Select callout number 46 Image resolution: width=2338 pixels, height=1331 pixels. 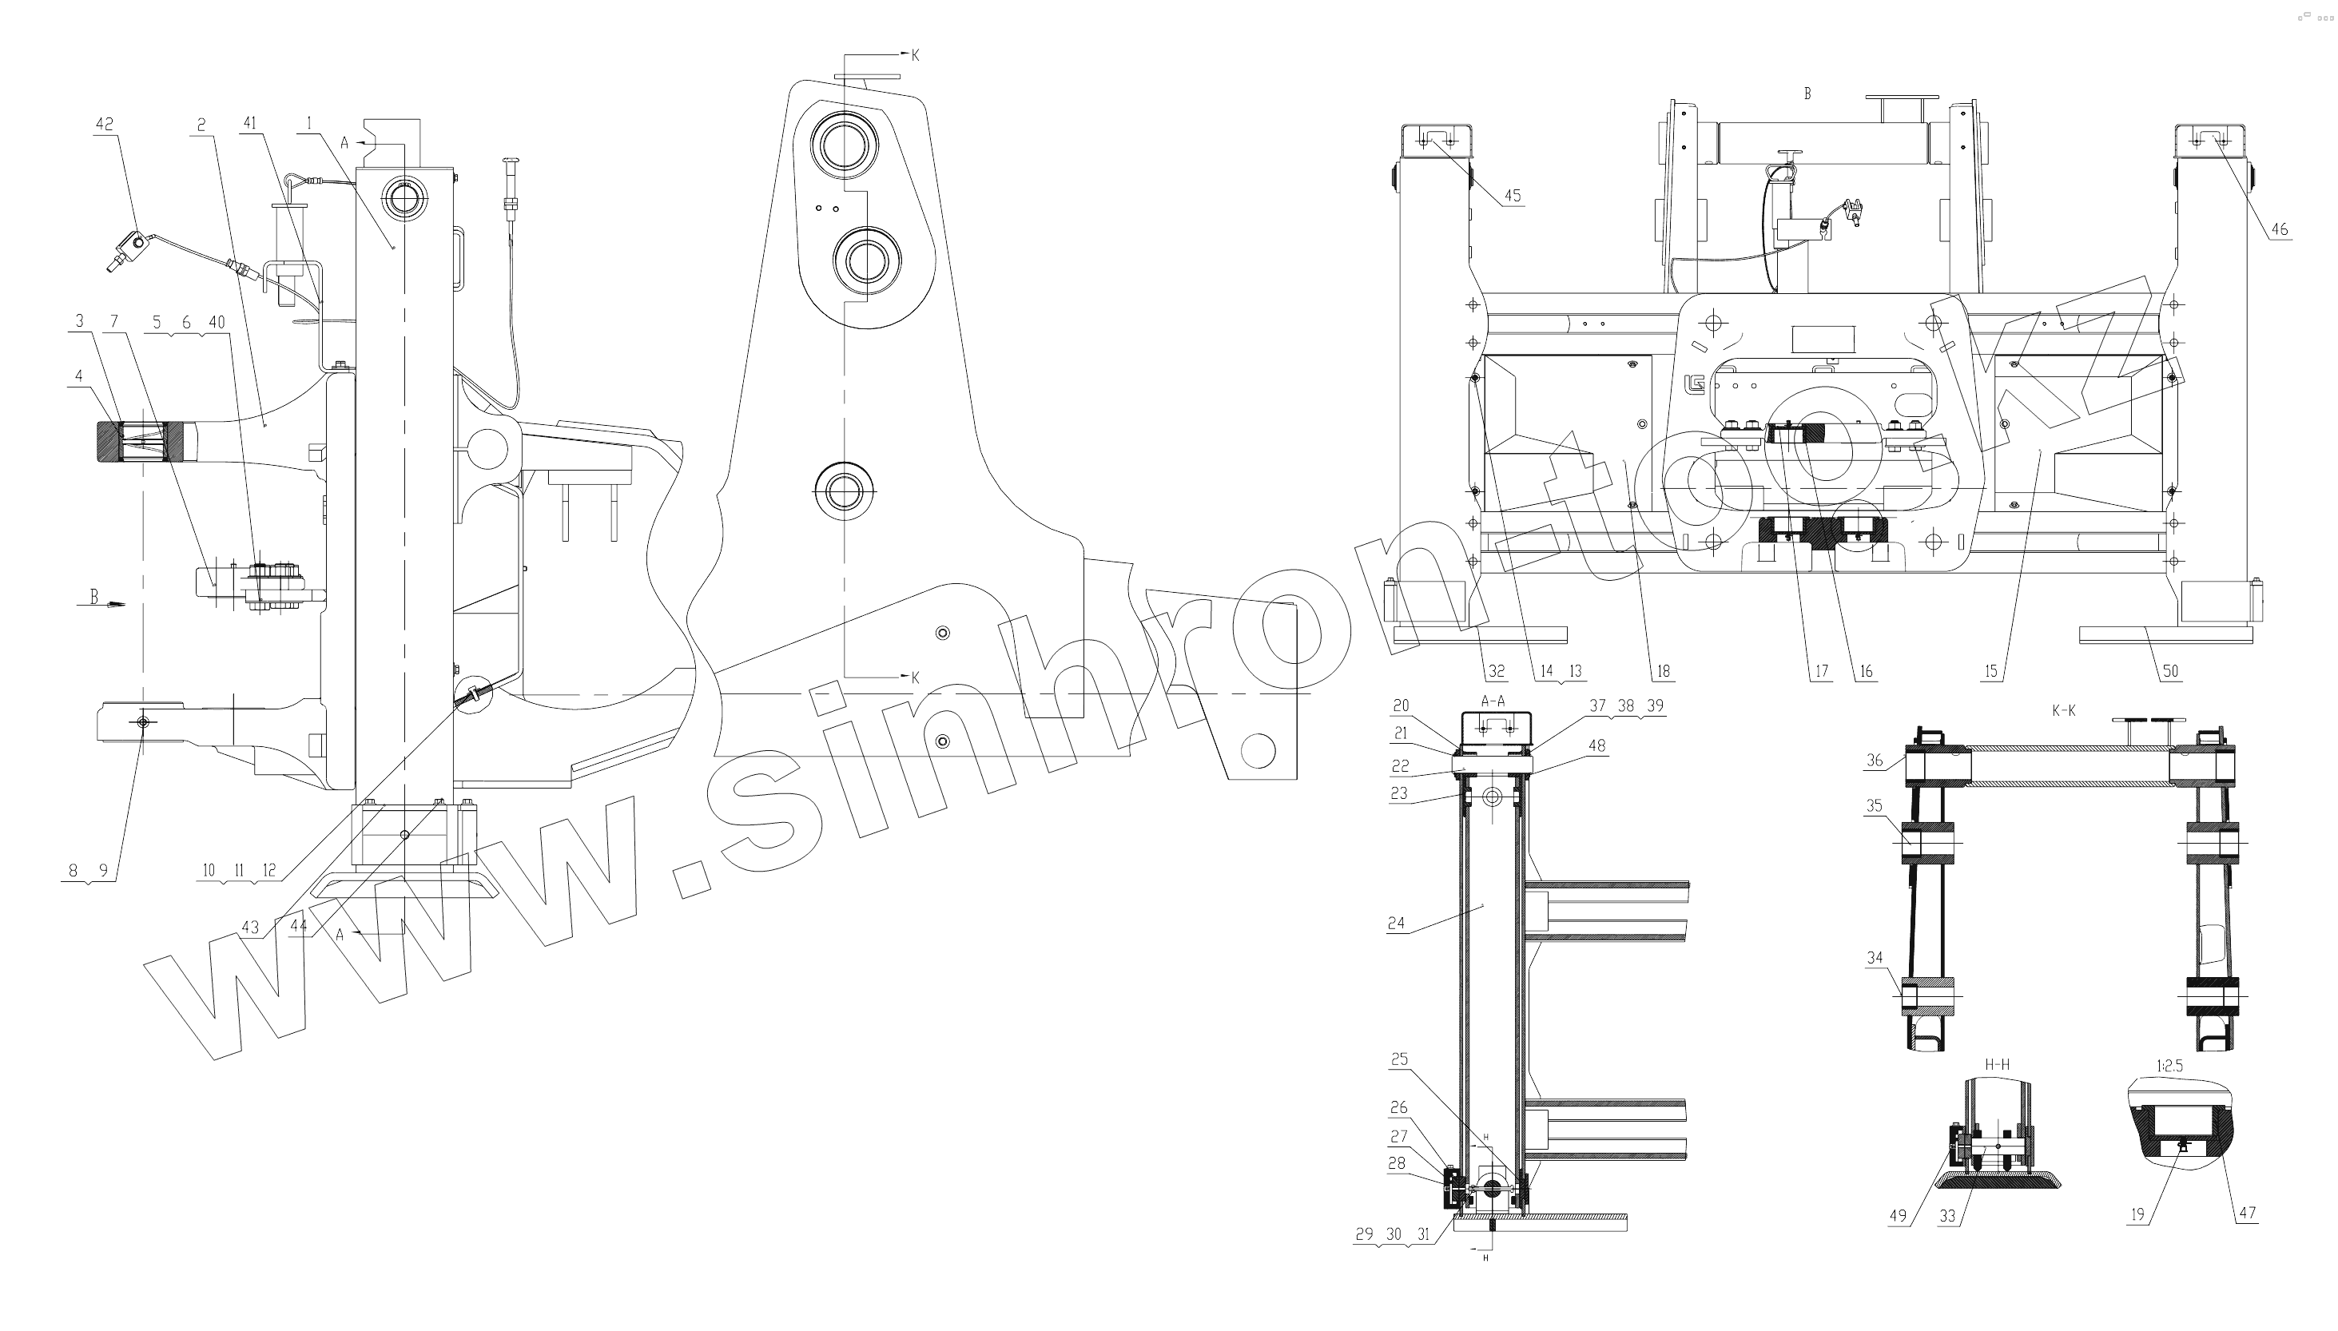tap(2279, 228)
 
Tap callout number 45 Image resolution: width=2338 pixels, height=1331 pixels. tap(1512, 195)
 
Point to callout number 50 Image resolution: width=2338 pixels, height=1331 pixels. tap(2170, 671)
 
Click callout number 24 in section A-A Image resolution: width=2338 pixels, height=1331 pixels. tap(1396, 924)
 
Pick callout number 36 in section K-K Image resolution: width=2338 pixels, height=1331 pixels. tap(1875, 760)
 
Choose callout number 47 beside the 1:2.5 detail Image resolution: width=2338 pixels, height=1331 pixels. tap(2247, 1213)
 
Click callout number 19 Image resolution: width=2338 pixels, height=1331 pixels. tap(2137, 1215)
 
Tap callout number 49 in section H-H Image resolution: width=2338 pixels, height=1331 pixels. tap(1899, 1216)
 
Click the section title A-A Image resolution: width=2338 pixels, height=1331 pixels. tap(1493, 701)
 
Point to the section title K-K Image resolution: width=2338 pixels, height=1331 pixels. tap(2064, 710)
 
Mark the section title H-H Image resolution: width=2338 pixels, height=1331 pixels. tap(1997, 1065)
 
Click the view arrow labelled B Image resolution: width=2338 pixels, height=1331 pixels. tap(94, 597)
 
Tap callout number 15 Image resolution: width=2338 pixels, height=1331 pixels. tap(1990, 671)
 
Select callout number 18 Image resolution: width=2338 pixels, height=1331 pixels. tap(1663, 671)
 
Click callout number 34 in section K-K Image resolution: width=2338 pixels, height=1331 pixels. tap(1875, 958)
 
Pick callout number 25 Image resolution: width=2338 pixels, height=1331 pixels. tap(1399, 1059)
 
